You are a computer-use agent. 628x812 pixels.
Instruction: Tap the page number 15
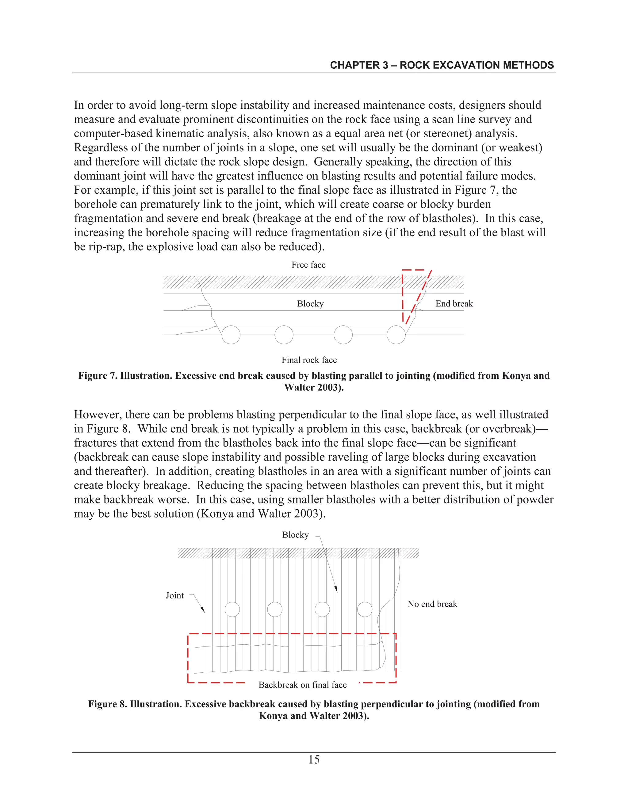tap(314, 759)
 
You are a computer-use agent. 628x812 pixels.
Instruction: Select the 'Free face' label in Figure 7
tap(308, 265)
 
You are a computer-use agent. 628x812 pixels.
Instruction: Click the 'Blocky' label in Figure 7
tap(310, 304)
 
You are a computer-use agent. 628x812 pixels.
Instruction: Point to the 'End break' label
tap(454, 304)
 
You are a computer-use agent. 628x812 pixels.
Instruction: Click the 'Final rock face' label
tap(309, 360)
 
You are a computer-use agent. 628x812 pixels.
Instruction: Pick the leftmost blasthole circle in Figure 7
tap(231, 335)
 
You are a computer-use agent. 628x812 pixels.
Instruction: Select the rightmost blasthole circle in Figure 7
tap(396, 335)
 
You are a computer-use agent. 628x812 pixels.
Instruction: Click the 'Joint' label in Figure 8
tap(174, 596)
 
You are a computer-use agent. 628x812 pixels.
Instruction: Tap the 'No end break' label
tap(432, 604)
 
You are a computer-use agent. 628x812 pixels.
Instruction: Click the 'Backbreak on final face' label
tap(302, 685)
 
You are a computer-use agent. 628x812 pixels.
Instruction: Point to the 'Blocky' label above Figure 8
tap(295, 535)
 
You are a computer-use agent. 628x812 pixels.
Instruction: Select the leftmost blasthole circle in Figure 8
tap(232, 609)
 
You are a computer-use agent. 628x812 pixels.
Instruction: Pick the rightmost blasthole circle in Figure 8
tap(365, 609)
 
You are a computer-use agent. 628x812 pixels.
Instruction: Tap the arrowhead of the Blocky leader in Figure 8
tap(336, 590)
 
